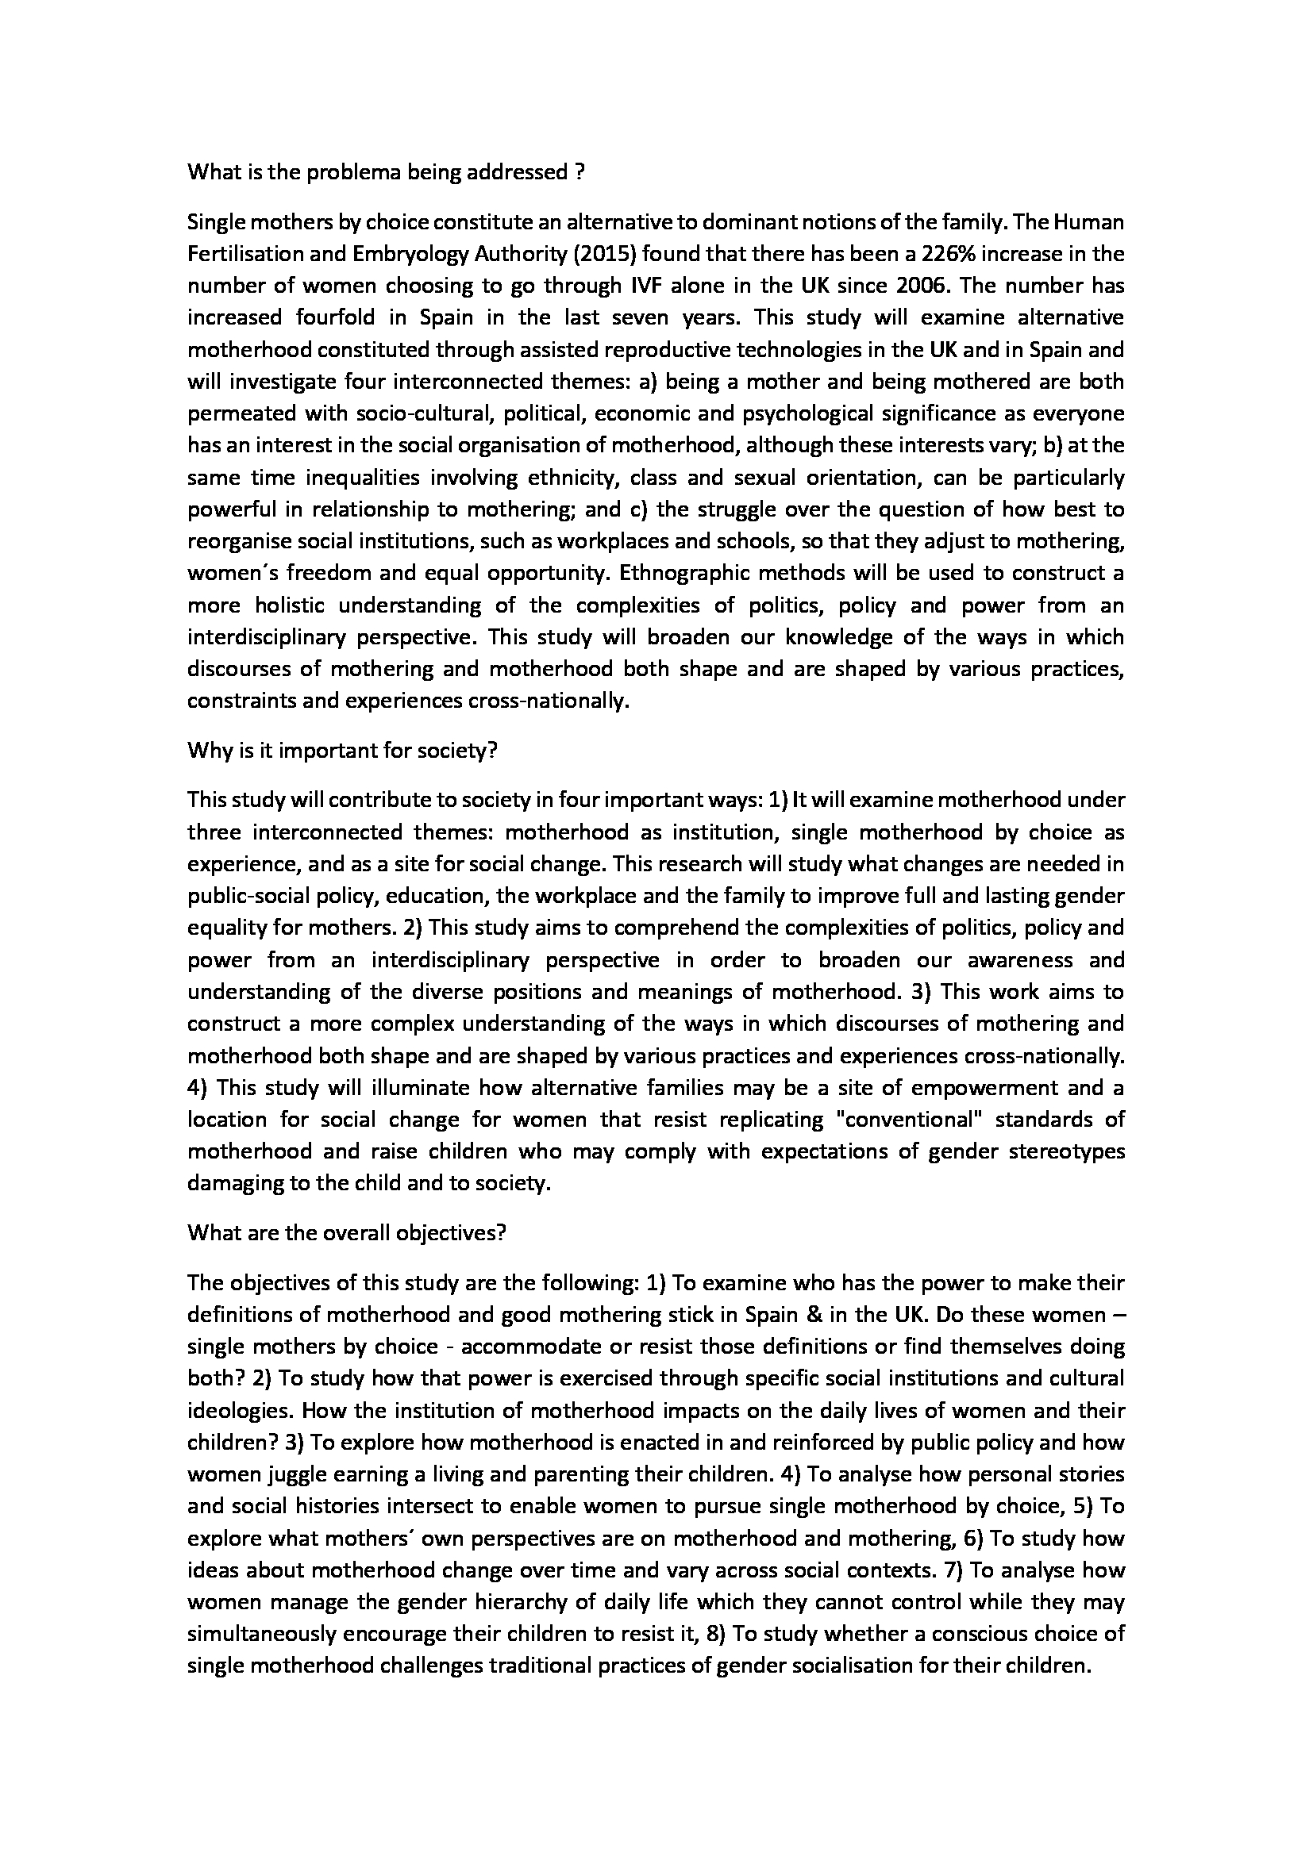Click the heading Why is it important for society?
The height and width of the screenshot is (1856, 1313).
(342, 750)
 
